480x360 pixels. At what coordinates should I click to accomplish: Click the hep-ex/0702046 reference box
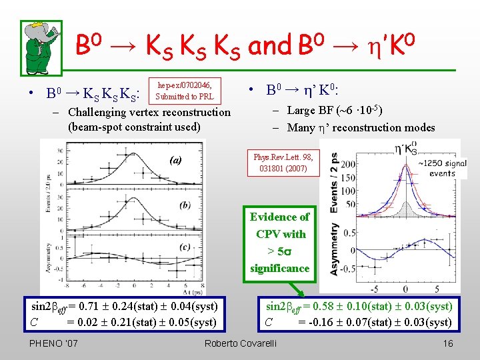pyautogui.click(x=183, y=91)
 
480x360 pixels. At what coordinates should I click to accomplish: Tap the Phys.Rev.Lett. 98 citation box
pyautogui.click(x=283, y=163)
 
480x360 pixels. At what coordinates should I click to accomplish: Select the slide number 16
pyautogui.click(x=447, y=343)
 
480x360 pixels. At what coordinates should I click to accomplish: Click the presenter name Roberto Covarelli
pyautogui.click(x=240, y=343)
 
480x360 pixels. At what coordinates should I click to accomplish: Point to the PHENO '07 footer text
pyautogui.click(x=54, y=343)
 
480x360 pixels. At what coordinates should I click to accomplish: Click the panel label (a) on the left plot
pyautogui.click(x=175, y=160)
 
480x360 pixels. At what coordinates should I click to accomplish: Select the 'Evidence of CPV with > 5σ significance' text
pyautogui.click(x=280, y=243)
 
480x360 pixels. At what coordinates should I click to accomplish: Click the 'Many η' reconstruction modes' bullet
pyautogui.click(x=361, y=127)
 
